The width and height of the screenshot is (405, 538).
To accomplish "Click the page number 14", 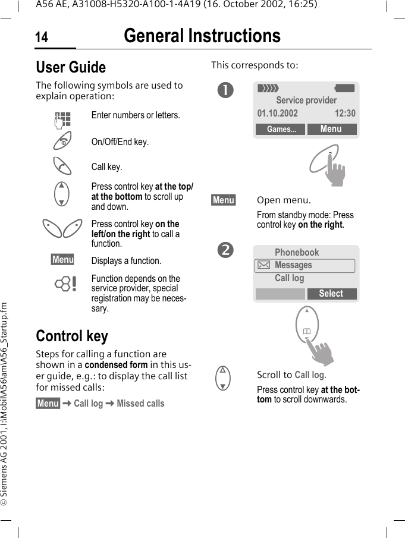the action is (42, 38).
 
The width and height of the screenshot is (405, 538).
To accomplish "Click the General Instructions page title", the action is (202, 36).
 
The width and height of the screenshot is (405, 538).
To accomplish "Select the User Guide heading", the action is (71, 67).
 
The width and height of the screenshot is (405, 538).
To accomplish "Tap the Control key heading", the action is (72, 336).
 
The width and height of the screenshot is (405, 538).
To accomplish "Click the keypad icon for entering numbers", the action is (62, 119).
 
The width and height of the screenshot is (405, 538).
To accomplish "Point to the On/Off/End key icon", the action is (62, 141).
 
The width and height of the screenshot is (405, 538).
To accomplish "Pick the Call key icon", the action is (62, 166).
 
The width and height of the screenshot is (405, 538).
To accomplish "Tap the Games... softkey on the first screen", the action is (281, 130).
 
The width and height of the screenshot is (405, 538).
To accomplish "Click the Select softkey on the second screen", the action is (331, 294).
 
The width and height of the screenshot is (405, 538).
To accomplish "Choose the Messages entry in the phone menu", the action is (293, 265).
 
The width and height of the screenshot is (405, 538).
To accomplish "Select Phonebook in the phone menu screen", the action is (297, 253).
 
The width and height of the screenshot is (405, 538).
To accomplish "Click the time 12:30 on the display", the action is (345, 114).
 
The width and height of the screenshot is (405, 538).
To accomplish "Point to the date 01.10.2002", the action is (278, 114).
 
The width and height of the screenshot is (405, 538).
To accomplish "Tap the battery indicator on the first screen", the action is (345, 88).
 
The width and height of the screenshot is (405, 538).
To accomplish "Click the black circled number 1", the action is (225, 90).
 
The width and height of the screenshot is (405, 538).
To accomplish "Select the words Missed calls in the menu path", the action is (140, 404).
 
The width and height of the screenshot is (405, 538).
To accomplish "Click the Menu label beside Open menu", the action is (224, 200).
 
